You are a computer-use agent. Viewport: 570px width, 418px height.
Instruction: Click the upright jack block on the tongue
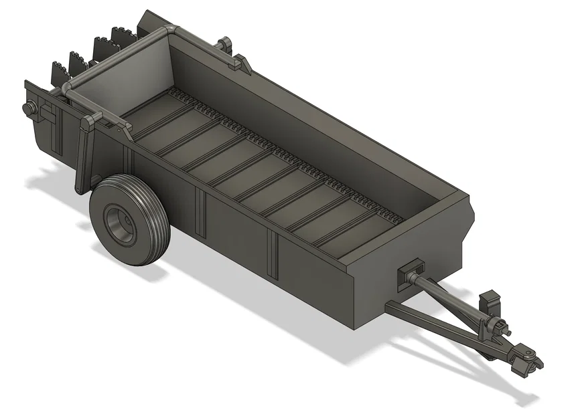click(x=491, y=300)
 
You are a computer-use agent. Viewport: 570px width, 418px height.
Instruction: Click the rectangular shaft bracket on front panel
click(x=409, y=274)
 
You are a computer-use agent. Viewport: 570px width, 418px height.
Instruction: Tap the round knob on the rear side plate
click(x=29, y=108)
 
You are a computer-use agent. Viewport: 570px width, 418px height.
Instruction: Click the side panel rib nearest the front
click(x=273, y=253)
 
